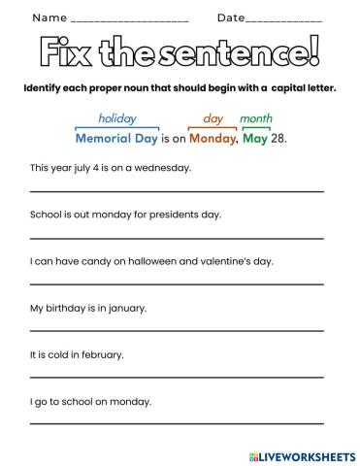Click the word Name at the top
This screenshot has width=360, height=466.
(x=49, y=17)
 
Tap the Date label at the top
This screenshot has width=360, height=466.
(x=231, y=17)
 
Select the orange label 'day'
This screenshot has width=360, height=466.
(x=213, y=118)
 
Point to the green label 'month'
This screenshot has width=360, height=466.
(x=255, y=118)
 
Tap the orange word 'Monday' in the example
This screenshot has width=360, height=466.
(x=213, y=138)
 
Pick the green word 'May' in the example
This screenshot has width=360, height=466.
(x=255, y=138)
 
